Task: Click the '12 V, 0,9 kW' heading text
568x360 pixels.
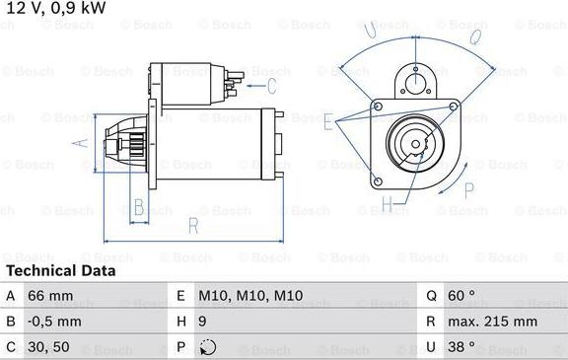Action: tap(56, 9)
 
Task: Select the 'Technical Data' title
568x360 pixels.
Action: tap(60, 270)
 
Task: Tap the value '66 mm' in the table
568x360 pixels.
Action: tap(49, 296)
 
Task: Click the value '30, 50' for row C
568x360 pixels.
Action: tap(49, 347)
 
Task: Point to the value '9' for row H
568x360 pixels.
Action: tap(203, 322)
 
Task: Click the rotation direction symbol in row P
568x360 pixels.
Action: tap(206, 347)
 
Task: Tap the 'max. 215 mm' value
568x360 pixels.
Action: tap(494, 322)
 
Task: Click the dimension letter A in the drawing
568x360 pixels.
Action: tap(83, 142)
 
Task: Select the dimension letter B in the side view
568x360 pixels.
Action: tap(139, 207)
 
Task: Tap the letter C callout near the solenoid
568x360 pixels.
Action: tap(258, 72)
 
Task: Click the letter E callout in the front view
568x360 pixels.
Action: tap(327, 120)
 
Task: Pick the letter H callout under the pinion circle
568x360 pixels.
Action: tap(388, 205)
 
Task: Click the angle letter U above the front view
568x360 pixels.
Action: tap(371, 33)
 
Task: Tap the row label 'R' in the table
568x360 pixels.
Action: tap(431, 322)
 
